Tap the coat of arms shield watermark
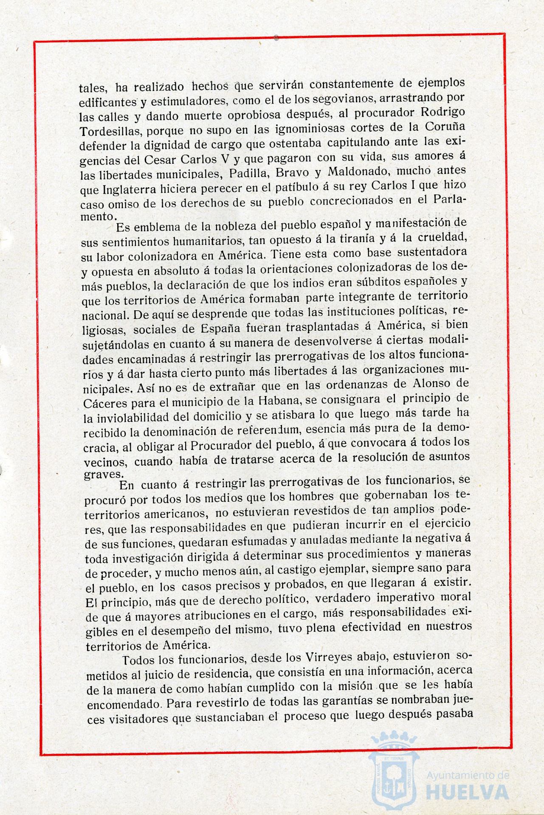[393, 777]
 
